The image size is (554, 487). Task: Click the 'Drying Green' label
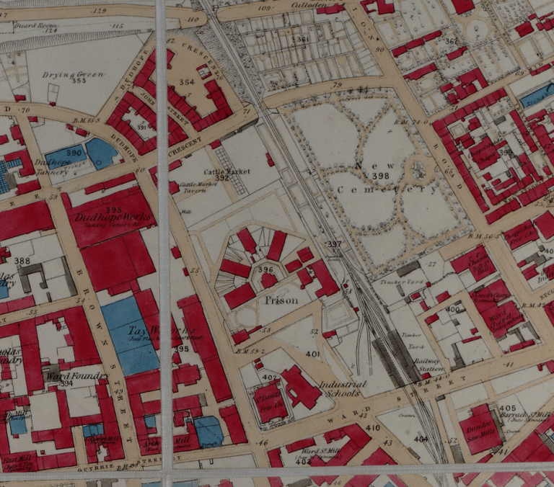[x=74, y=74]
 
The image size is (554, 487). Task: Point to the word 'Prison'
[x=281, y=300]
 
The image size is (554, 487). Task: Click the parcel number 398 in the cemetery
[x=381, y=176]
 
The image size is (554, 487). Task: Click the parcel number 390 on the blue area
[x=74, y=153]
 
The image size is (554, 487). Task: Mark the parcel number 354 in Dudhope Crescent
[x=186, y=82]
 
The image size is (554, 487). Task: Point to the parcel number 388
[x=22, y=261]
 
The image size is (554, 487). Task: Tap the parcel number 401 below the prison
[x=312, y=354]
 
